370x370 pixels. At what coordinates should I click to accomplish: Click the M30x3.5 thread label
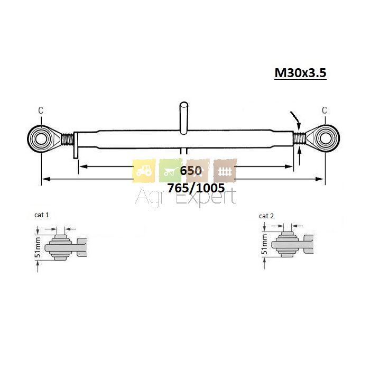pyautogui.click(x=300, y=73)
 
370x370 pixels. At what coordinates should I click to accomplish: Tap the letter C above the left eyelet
pyautogui.click(x=41, y=110)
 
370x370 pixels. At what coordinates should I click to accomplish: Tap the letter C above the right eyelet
pyautogui.click(x=325, y=110)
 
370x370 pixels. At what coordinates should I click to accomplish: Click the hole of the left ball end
pyautogui.click(x=41, y=138)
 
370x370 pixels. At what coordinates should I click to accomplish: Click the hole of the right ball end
pyautogui.click(x=326, y=138)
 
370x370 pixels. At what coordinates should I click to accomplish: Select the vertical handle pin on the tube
pyautogui.click(x=184, y=118)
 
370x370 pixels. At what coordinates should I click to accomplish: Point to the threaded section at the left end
pyautogui.click(x=68, y=139)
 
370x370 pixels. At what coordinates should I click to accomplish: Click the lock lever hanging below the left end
pyautogui.click(x=76, y=145)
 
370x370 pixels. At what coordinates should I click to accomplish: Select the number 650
pyautogui.click(x=191, y=170)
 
